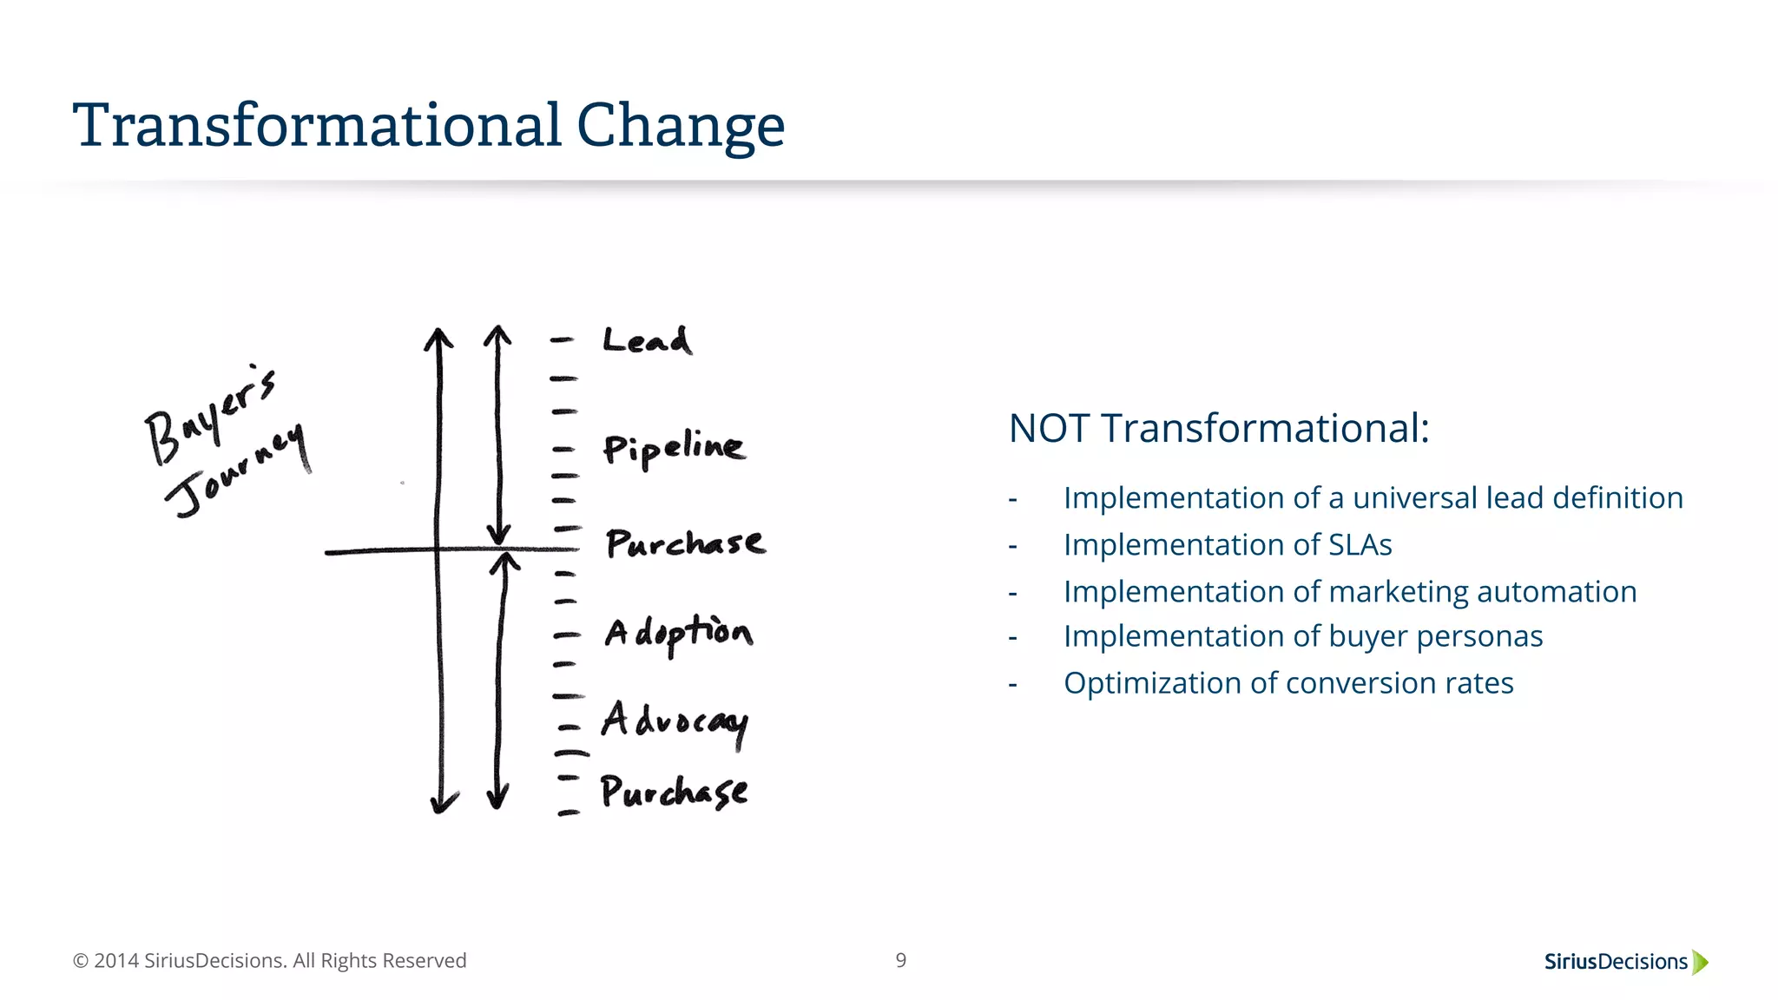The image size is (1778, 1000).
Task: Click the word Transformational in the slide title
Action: tap(317, 126)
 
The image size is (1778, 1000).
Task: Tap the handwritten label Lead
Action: tap(648, 340)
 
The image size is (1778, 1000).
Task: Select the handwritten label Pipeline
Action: tap(674, 448)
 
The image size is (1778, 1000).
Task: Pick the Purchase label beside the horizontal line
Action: tap(685, 543)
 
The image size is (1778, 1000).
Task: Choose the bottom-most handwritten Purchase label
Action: tap(674, 791)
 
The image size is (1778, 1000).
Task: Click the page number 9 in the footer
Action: tap(901, 960)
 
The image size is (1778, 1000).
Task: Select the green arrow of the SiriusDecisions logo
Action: tap(1700, 962)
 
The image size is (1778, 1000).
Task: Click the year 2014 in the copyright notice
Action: tap(116, 961)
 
